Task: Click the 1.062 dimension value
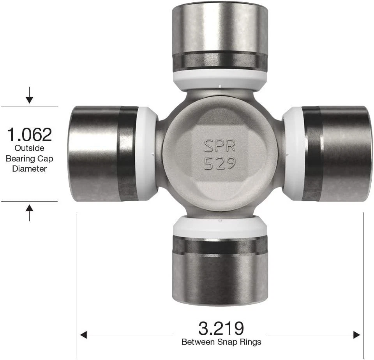[29, 135]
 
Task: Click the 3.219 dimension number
[221, 328]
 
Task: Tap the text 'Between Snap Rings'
[221, 342]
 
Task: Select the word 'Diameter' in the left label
[29, 169]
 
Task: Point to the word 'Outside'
[29, 148]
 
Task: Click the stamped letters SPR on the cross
[220, 146]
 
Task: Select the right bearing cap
[345, 154]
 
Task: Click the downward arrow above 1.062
[29, 99]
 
